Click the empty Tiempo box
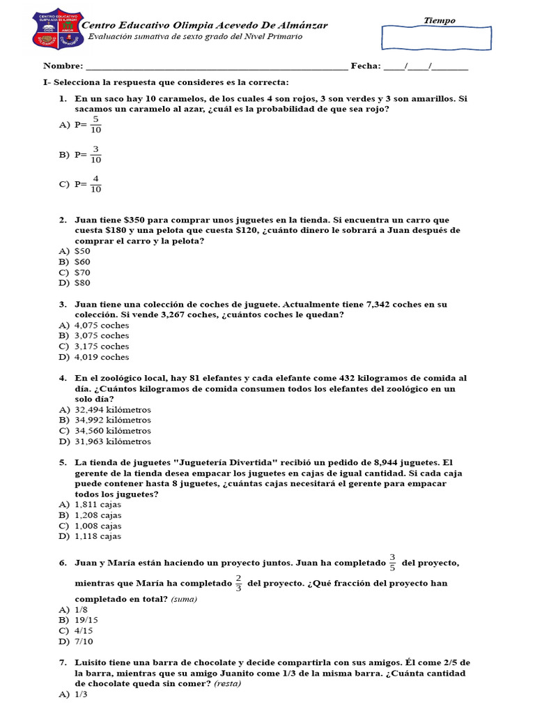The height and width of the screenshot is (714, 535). [443, 38]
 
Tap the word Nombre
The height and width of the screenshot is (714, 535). [62, 66]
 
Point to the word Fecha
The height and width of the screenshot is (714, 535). [366, 66]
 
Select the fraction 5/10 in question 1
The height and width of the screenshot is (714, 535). [96, 125]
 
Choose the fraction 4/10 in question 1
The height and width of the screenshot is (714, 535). [96, 184]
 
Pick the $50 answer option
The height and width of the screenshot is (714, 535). [82, 251]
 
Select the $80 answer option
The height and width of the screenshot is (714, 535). [82, 283]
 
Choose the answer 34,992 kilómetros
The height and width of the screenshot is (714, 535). [113, 420]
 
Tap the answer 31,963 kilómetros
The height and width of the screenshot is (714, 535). [113, 441]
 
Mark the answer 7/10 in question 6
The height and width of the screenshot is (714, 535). [84, 641]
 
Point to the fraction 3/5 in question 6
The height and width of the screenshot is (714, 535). [392, 562]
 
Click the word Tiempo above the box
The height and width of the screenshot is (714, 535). [440, 20]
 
